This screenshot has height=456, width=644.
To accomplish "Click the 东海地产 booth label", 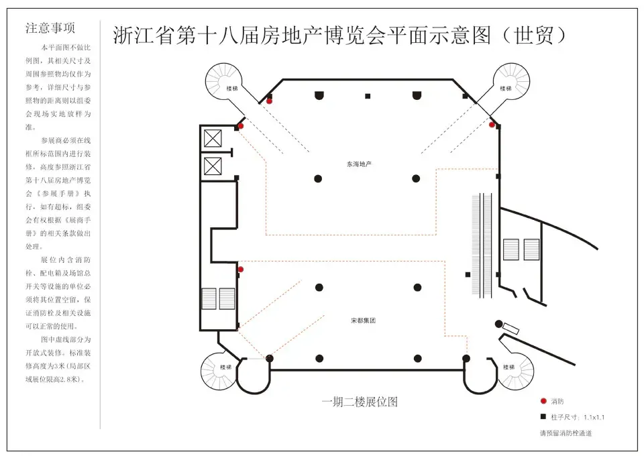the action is pos(359,164).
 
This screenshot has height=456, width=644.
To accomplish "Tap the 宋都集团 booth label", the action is pos(363,321).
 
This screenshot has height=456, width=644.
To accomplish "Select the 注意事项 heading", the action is pos(50,28).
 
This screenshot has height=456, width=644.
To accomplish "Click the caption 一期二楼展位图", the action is pos(360,402).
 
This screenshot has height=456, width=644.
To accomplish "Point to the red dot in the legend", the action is pos(543,401).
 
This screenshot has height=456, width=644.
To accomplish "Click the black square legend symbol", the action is pos(543,416).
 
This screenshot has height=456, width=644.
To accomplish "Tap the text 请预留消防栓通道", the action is pos(566,433).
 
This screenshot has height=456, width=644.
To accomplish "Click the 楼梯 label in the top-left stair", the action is pos(231,89).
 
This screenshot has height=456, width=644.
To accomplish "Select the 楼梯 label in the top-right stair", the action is pos(506,89).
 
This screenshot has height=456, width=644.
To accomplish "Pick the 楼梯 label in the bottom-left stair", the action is pos(225,367).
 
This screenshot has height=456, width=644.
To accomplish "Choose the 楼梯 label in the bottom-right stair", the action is pos(509,367).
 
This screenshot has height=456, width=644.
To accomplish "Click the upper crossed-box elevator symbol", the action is pos(213,138).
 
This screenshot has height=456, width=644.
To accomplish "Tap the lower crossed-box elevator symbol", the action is pos(213,166).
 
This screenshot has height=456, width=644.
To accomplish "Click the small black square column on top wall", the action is pos(368,96).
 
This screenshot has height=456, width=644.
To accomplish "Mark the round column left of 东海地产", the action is pos(318,178).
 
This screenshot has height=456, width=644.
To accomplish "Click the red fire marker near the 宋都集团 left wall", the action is pos(241,270).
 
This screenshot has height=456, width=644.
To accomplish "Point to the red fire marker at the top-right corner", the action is pos(492,124).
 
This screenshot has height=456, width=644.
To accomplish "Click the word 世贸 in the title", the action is pos(534,36).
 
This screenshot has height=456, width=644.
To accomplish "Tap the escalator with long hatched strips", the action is pos(482,245).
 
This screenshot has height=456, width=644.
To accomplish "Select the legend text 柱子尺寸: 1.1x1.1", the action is pos(578,417).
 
